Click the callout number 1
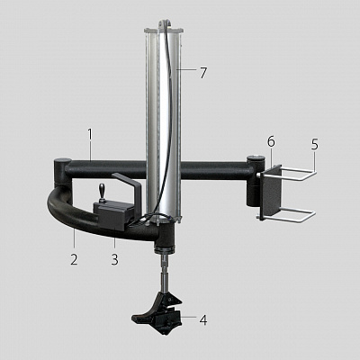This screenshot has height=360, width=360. coord(90,135)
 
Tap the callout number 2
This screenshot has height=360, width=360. coord(74,259)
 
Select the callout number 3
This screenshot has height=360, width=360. coord(115,259)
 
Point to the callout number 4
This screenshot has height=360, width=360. coord(203,320)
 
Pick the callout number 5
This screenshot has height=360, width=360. coord(314,145)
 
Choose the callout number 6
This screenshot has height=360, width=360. coord(271,141)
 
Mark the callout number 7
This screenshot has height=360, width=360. coord(203,73)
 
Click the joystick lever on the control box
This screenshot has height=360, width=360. coord(101,193)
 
